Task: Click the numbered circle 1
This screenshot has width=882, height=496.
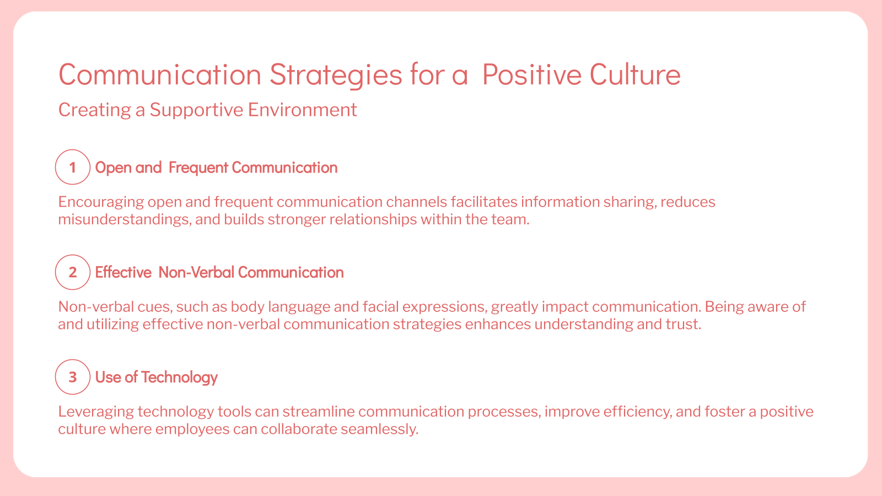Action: click(x=72, y=167)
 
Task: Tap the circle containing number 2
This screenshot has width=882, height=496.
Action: click(x=72, y=272)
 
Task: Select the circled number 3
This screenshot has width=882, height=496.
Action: click(x=72, y=377)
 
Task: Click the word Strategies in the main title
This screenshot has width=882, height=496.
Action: click(x=336, y=75)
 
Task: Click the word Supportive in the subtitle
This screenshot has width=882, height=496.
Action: click(x=196, y=110)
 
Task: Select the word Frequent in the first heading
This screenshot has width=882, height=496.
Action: click(x=197, y=168)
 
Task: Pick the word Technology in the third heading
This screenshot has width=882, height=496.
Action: click(x=179, y=378)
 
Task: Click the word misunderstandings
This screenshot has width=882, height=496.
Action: click(x=125, y=219)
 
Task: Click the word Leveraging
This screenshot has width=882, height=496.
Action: click(x=96, y=412)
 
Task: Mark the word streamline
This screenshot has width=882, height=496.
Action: click(x=318, y=412)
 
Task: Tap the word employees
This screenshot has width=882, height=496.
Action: click(x=192, y=429)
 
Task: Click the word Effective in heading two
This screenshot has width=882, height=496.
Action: click(x=123, y=272)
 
